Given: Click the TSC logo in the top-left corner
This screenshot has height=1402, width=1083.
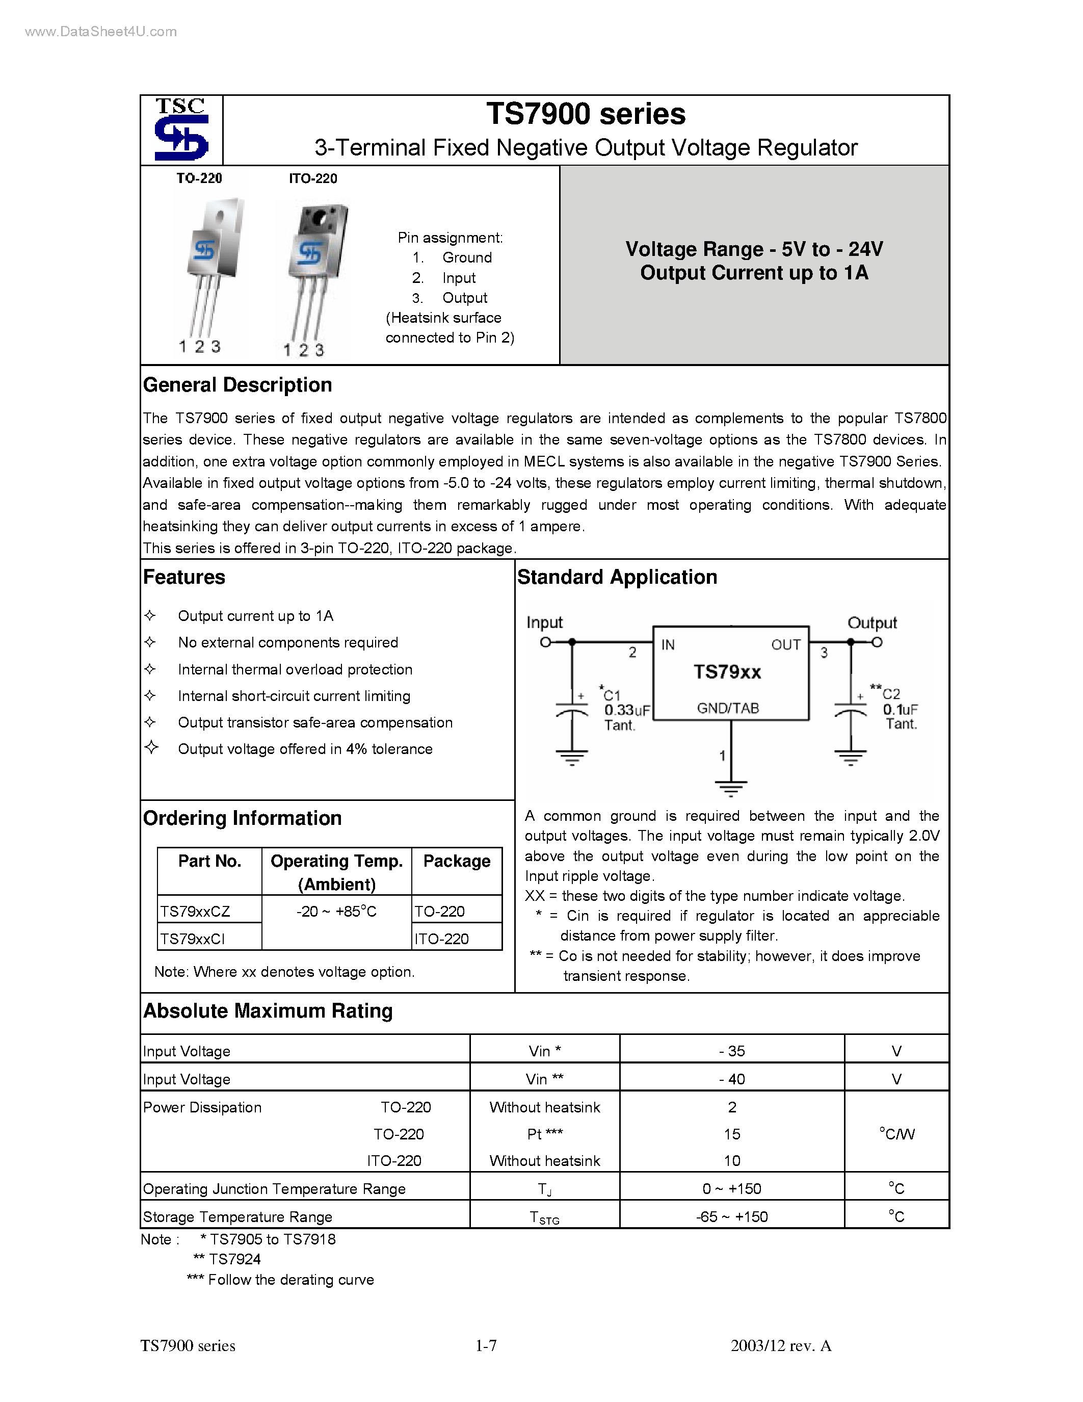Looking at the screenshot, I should click(181, 129).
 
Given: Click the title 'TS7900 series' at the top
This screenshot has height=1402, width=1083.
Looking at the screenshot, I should click(585, 114).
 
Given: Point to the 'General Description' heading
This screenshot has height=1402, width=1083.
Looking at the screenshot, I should click(237, 385).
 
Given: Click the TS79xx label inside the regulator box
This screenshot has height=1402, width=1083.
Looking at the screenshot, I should click(727, 672).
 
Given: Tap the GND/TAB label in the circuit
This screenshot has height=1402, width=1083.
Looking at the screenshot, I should click(728, 708).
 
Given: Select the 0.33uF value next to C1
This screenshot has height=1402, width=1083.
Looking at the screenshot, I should click(627, 710).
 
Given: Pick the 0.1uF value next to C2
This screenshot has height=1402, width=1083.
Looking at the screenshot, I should click(900, 709).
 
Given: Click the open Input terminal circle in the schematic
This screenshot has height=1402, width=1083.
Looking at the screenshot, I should click(545, 642).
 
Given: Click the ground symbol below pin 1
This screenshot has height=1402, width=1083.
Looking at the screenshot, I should click(731, 788).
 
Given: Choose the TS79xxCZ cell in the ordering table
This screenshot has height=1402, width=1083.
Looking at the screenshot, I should click(195, 912).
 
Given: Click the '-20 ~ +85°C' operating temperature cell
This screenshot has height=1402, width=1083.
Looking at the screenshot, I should click(336, 912).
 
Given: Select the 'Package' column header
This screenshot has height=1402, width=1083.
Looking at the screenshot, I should click(456, 862).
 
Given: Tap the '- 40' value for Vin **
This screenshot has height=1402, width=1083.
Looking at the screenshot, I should click(731, 1079).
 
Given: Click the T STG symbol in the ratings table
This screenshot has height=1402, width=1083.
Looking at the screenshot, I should click(544, 1217).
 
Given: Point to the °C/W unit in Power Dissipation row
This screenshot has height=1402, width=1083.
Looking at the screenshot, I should click(896, 1134).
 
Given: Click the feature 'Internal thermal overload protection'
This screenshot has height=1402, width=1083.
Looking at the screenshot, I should click(295, 669).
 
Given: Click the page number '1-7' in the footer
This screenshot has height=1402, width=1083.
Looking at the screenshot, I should click(486, 1345).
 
